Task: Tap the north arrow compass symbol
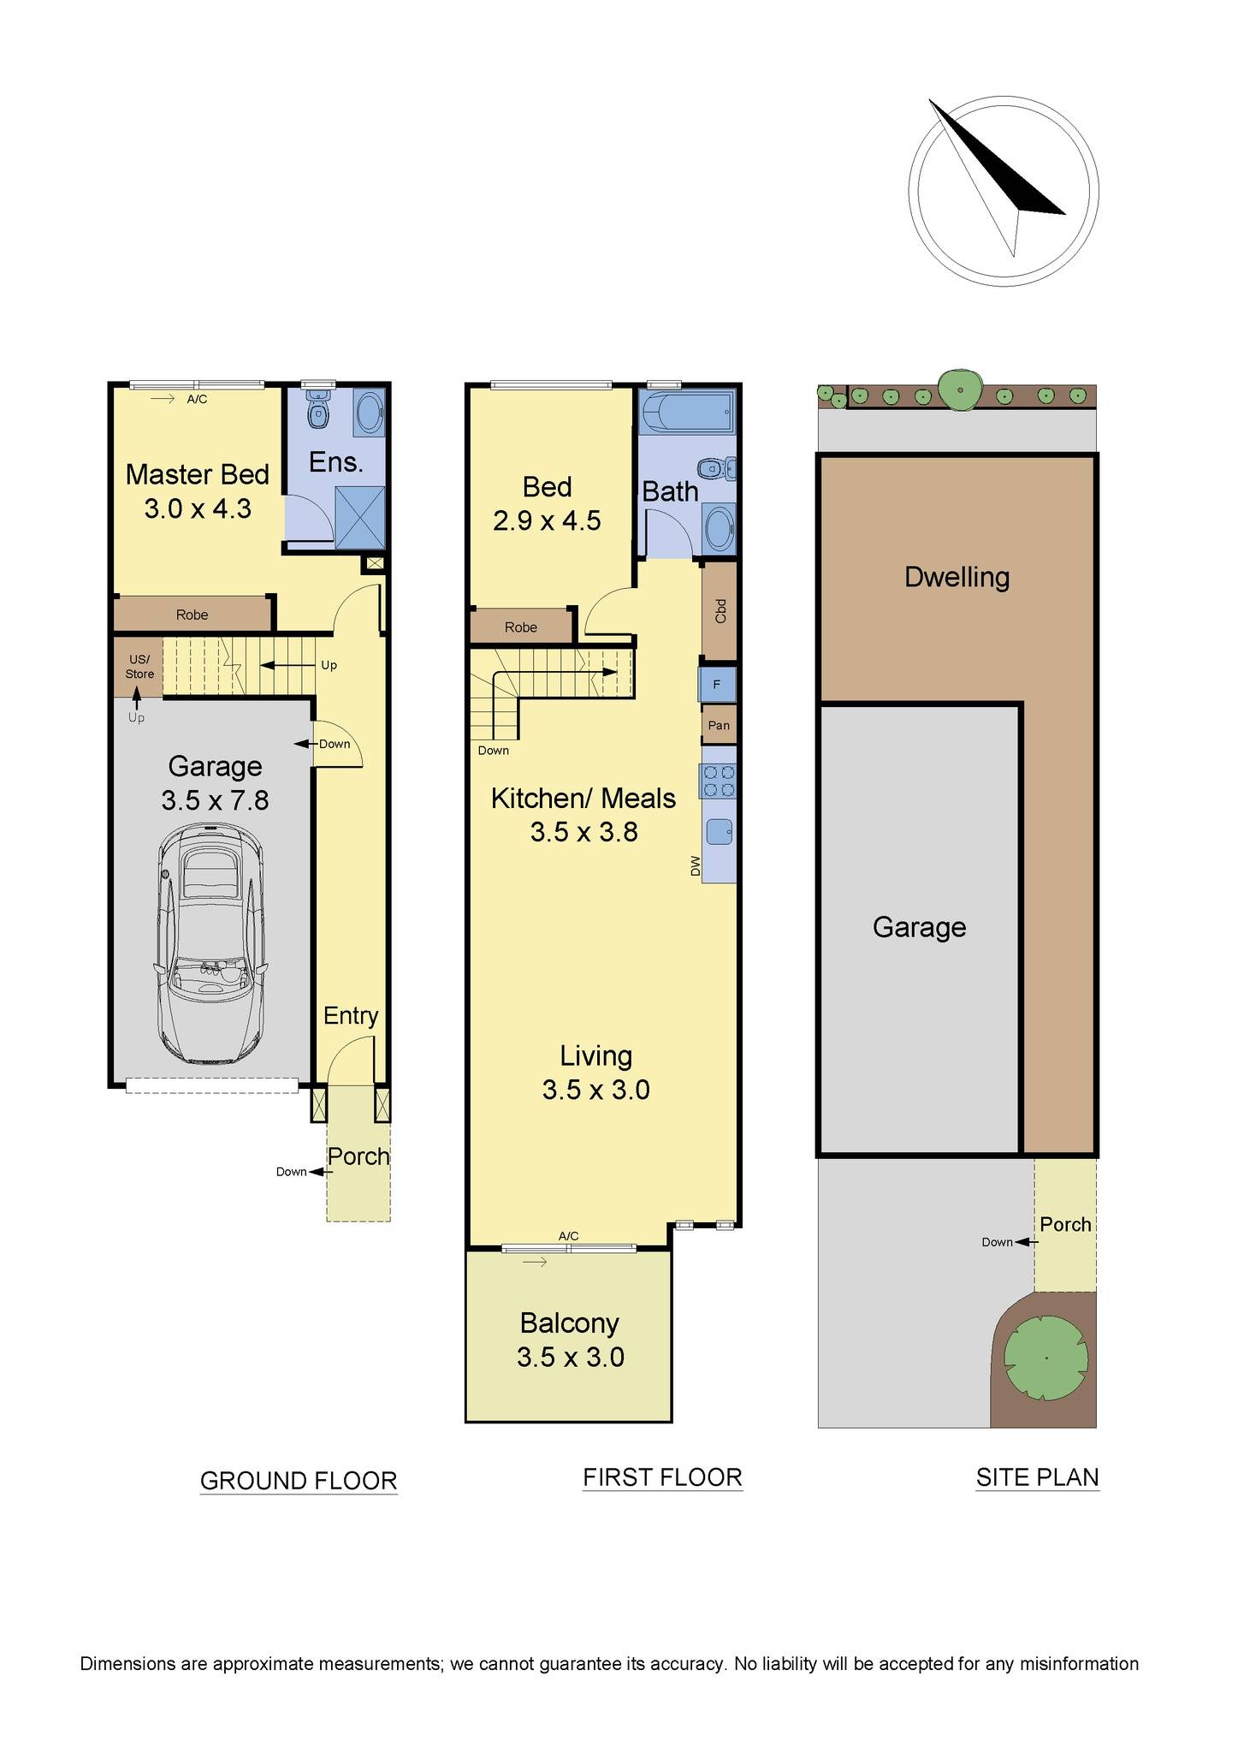[1004, 190]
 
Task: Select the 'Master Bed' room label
[198, 474]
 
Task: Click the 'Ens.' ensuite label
[335, 462]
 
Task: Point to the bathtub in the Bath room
[687, 412]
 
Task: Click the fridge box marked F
[718, 685]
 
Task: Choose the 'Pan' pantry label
[719, 726]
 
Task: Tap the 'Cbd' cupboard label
[720, 610]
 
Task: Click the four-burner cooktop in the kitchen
[719, 781]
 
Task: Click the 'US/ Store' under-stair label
[139, 667]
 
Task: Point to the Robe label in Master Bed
[193, 615]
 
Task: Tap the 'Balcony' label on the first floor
[569, 1323]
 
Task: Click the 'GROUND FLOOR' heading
[299, 1480]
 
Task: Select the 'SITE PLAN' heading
[1038, 1477]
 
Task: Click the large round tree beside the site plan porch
[1046, 1358]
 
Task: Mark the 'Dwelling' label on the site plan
[957, 577]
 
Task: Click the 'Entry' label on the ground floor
[351, 1016]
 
